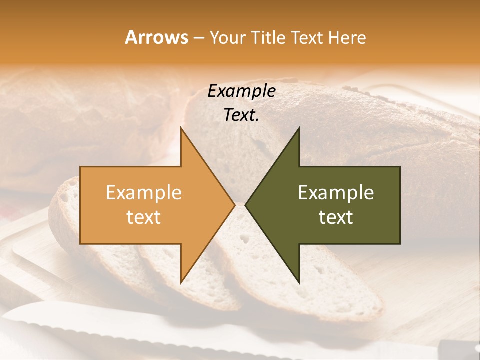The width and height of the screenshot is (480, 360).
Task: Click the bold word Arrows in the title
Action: (157, 37)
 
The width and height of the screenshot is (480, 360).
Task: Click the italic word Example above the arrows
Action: (242, 91)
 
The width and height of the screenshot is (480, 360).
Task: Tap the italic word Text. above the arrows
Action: (241, 115)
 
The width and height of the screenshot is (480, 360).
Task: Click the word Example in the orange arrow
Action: (144, 193)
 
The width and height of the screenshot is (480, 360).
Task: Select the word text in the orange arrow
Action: (144, 217)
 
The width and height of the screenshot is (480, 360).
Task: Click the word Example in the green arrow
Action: (336, 193)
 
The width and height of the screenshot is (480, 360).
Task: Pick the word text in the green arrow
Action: (336, 217)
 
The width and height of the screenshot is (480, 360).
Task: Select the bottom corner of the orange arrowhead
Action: (181, 282)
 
